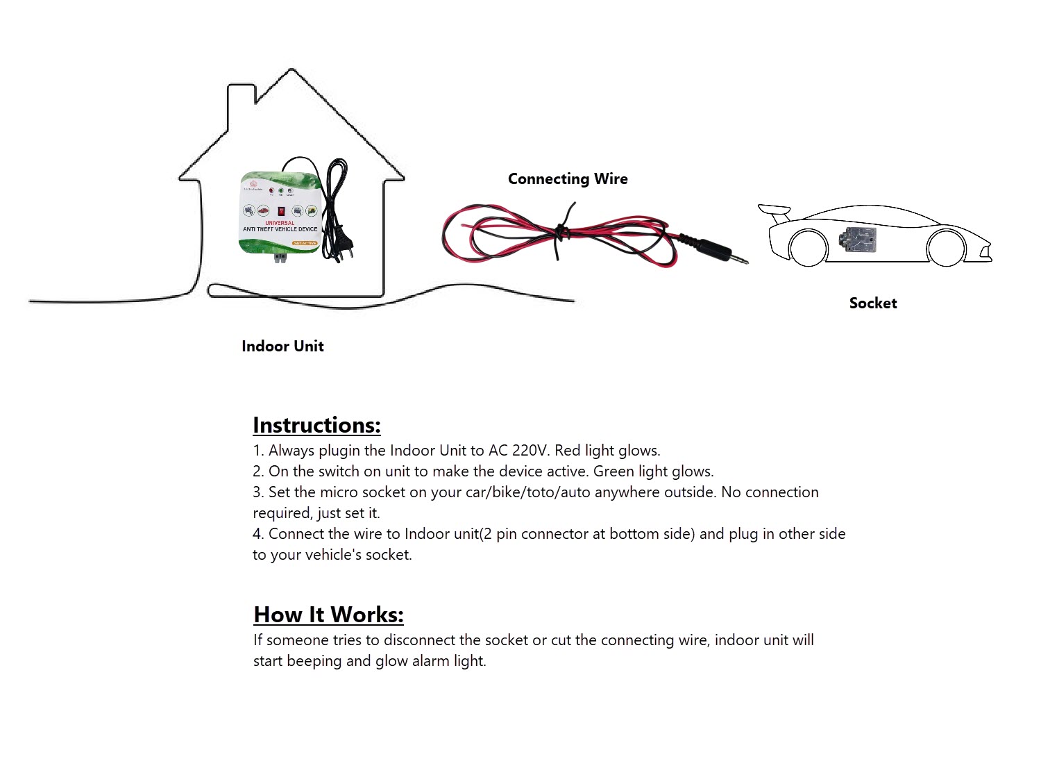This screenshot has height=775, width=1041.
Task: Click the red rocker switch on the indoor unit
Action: click(280, 210)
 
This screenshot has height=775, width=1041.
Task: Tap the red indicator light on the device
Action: click(271, 190)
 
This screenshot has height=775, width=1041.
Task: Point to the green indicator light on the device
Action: click(280, 190)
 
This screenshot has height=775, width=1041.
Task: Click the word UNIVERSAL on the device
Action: click(280, 222)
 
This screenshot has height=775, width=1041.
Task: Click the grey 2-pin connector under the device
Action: click(280, 258)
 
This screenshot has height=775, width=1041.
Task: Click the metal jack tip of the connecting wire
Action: click(739, 259)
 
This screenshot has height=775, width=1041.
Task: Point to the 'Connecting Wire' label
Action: click(568, 179)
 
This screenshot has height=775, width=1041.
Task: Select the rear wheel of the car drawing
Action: click(809, 247)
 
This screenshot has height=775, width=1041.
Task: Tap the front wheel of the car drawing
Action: click(945, 247)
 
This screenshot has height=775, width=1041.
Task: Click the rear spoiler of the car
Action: click(775, 210)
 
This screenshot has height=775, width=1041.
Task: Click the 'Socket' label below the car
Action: click(873, 303)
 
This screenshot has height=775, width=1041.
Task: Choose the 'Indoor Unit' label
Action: click(282, 347)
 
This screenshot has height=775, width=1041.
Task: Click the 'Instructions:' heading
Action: click(316, 425)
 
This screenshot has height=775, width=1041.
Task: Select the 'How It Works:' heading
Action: click(328, 615)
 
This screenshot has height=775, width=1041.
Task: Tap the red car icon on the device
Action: click(264, 210)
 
